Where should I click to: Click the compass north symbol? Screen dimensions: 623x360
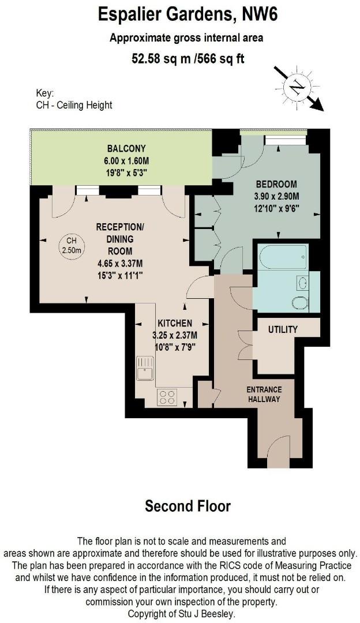[297, 88]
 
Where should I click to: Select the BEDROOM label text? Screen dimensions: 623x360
[276, 185]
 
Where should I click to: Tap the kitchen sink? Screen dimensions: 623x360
[145, 368]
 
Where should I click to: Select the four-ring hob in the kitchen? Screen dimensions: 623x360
[167, 397]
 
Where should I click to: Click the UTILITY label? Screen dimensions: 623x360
[283, 329]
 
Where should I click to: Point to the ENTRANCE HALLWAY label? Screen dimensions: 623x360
[264, 394]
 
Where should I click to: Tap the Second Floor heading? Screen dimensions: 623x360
[187, 506]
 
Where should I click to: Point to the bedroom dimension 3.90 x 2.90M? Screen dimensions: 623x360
[276, 197]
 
